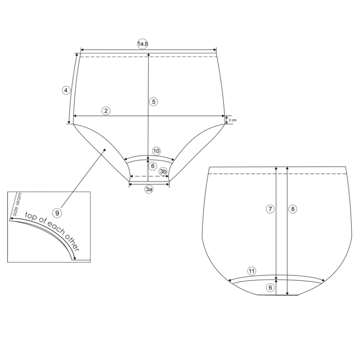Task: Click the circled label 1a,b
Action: pyautogui.click(x=143, y=44)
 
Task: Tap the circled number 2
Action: pyautogui.click(x=106, y=111)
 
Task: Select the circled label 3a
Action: pyautogui.click(x=149, y=189)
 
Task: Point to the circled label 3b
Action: pyautogui.click(x=163, y=171)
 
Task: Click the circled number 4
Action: pyautogui.click(x=66, y=90)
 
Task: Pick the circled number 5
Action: pyautogui.click(x=153, y=102)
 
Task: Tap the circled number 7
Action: pyautogui.click(x=270, y=209)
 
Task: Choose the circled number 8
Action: pyautogui.click(x=293, y=209)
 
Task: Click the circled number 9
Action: pyautogui.click(x=57, y=213)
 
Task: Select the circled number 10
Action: pyautogui.click(x=156, y=151)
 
